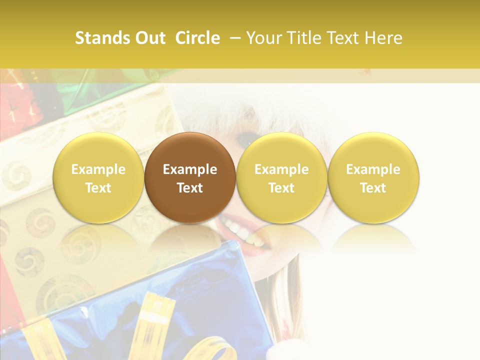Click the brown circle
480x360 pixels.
(x=190, y=177)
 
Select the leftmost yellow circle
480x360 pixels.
(x=98, y=177)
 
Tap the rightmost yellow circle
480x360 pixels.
(x=373, y=177)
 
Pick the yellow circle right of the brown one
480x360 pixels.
(x=281, y=177)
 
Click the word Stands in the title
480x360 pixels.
(x=102, y=38)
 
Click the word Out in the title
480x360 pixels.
(x=150, y=38)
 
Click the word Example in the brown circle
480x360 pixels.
(x=190, y=169)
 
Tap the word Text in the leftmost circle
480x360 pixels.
(x=98, y=188)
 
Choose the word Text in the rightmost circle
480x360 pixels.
(x=373, y=188)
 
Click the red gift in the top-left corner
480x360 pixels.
(x=20, y=107)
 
